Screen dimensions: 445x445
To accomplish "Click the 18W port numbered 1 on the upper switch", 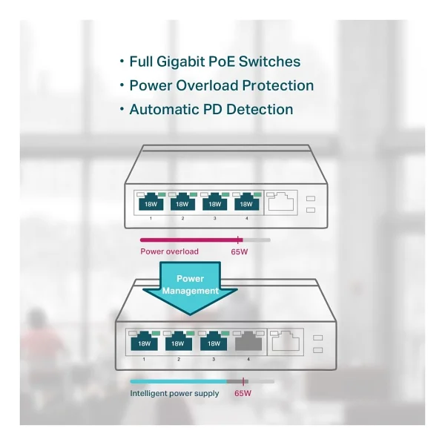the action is tap(151, 202).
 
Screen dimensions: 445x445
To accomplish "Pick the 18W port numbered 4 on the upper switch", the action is tap(247, 202).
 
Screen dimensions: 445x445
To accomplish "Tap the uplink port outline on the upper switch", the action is tap(280, 202).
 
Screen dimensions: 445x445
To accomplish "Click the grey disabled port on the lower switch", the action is tap(248, 341).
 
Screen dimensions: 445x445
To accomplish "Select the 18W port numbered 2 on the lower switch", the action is tap(179, 341).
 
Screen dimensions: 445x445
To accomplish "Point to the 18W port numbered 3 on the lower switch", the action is tap(214, 341).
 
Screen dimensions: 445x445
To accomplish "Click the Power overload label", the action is tap(169, 251).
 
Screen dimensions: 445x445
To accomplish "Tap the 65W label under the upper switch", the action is tap(240, 251).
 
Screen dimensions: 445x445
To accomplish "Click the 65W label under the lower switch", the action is tap(243, 393).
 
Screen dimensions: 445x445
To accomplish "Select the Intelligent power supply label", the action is tap(174, 394).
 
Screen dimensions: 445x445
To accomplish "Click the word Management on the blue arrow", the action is tap(191, 291).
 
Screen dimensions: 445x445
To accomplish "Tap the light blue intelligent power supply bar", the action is tap(179, 382).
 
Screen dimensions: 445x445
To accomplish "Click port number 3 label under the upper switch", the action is tap(214, 218).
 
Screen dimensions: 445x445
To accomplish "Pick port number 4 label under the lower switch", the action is tap(248, 359).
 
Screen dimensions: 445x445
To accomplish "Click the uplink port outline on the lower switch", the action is tap(286, 341).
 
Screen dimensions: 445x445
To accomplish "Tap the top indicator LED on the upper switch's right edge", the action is tap(311, 198).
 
